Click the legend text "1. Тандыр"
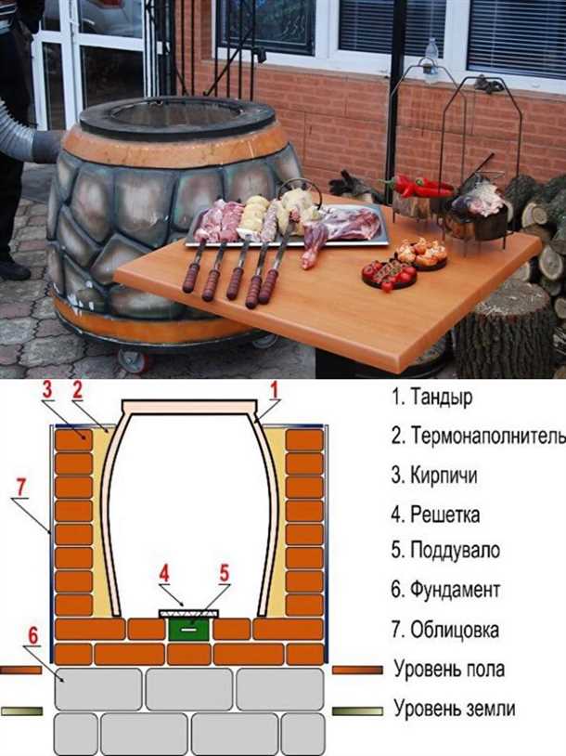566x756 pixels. click(x=433, y=397)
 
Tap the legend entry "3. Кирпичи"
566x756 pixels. click(x=435, y=476)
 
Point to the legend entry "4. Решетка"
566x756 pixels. click(x=435, y=514)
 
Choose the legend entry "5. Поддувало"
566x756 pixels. click(x=445, y=551)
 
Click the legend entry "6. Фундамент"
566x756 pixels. click(x=445, y=590)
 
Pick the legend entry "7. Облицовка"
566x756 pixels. click(x=445, y=629)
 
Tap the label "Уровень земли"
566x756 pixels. click(x=456, y=710)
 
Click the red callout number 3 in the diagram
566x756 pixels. click(x=47, y=391)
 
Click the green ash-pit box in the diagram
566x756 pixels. click(x=188, y=629)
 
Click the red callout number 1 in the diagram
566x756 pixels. click(x=273, y=390)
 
